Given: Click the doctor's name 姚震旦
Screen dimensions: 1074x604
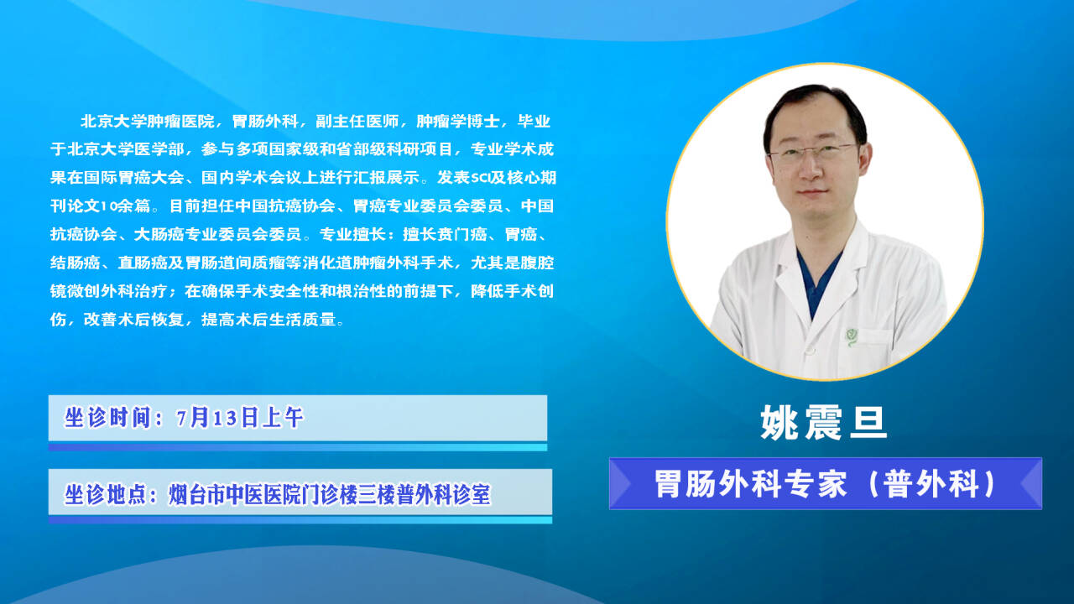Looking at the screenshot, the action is pyautogui.click(x=824, y=423).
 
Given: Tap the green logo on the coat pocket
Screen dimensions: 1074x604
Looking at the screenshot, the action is pyautogui.click(x=852, y=337).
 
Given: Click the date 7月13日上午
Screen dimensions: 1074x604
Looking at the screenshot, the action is pyautogui.click(x=240, y=418).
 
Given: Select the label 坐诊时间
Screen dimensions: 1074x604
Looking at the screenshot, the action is pyautogui.click(x=108, y=418).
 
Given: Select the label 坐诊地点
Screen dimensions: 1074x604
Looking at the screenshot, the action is pyautogui.click(x=106, y=494).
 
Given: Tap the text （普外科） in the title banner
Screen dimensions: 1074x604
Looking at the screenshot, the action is pyautogui.click(x=932, y=484).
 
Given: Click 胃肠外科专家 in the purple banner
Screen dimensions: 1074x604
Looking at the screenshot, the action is pyautogui.click(x=751, y=484).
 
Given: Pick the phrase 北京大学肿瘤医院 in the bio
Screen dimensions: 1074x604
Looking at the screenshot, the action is pyautogui.click(x=147, y=122).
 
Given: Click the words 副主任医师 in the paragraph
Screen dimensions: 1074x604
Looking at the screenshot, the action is pyautogui.click(x=357, y=122).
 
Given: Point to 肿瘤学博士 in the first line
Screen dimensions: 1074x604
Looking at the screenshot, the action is pyautogui.click(x=458, y=122).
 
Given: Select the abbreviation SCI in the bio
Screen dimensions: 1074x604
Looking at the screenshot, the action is pyautogui.click(x=480, y=178).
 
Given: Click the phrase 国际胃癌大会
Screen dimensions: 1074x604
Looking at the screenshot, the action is pyautogui.click(x=134, y=178).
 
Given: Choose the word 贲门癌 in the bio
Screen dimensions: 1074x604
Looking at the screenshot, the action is pyautogui.click(x=462, y=234).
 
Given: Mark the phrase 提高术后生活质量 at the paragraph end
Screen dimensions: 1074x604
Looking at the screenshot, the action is pyautogui.click(x=268, y=320).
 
